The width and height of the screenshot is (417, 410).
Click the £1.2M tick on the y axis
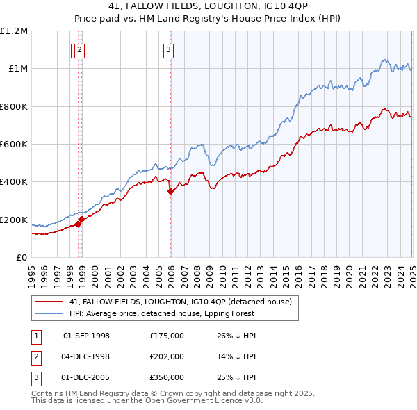point(14,31)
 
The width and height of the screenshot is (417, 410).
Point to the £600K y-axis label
point(14,145)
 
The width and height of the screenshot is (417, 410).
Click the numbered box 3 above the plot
point(169,49)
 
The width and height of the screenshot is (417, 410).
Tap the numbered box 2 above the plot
point(80,49)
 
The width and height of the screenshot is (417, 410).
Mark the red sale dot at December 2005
point(171,192)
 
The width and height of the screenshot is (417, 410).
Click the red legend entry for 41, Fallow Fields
point(183,302)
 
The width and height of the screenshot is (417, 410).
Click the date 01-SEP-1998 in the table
point(86,336)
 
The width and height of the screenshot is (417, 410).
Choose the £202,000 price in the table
point(167,356)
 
